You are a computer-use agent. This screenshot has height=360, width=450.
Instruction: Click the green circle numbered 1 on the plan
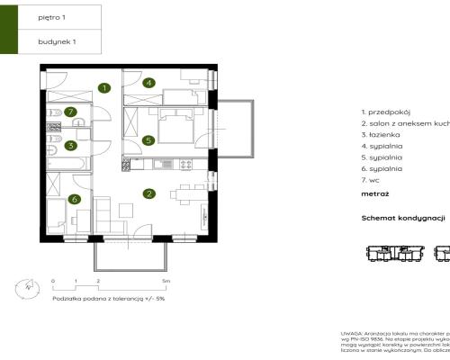(105, 88)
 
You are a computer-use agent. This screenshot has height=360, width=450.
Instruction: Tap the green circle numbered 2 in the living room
(149, 192)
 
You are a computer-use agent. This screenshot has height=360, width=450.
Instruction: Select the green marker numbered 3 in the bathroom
(69, 144)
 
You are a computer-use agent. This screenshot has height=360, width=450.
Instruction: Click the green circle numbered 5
(148, 140)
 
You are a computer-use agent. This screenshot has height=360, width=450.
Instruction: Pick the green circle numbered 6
(75, 199)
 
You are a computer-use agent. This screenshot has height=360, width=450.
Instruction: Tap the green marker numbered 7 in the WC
(68, 112)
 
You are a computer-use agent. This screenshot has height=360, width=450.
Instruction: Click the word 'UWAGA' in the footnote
(351, 333)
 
